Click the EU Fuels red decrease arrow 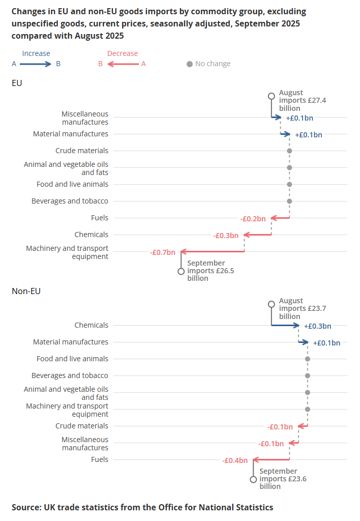point(280,218)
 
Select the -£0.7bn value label point(163,252)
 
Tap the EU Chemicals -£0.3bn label point(226,236)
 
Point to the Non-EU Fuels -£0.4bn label point(235,460)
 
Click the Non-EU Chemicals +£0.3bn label point(317,326)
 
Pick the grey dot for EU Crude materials point(289,151)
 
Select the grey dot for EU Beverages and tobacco point(289,201)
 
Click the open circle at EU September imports point(181,272)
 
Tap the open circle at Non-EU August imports point(272,304)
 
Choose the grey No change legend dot point(190,64)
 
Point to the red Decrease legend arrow point(123,64)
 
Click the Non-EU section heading point(26,291)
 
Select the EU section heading point(17,83)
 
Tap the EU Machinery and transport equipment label point(67,252)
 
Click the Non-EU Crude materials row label point(81,426)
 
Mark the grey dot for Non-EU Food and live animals point(308,359)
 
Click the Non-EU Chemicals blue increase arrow point(286,325)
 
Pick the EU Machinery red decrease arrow point(213,251)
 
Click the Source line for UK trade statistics point(142,507)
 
